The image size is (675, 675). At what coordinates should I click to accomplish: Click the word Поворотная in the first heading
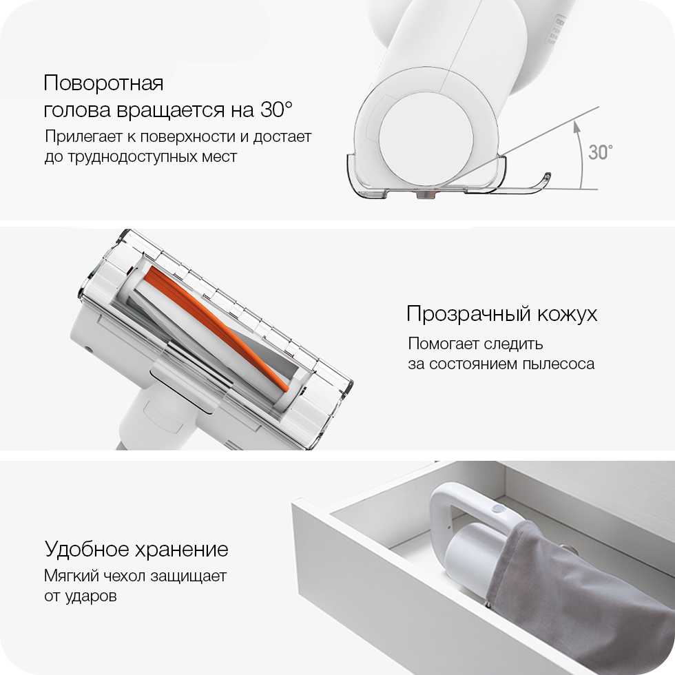[103, 83]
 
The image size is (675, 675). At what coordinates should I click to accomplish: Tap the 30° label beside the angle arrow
[600, 152]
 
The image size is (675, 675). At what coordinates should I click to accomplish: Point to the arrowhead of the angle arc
[577, 127]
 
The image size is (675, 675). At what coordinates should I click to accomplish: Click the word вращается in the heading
[172, 110]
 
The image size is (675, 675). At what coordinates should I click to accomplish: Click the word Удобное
[87, 550]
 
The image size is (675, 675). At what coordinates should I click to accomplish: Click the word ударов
[91, 596]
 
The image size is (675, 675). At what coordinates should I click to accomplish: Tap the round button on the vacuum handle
[499, 510]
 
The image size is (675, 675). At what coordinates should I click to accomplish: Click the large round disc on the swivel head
[426, 138]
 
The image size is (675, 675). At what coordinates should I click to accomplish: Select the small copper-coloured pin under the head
[426, 195]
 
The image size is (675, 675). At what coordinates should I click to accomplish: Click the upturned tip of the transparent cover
[546, 177]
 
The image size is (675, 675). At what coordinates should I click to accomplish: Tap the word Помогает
[444, 344]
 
